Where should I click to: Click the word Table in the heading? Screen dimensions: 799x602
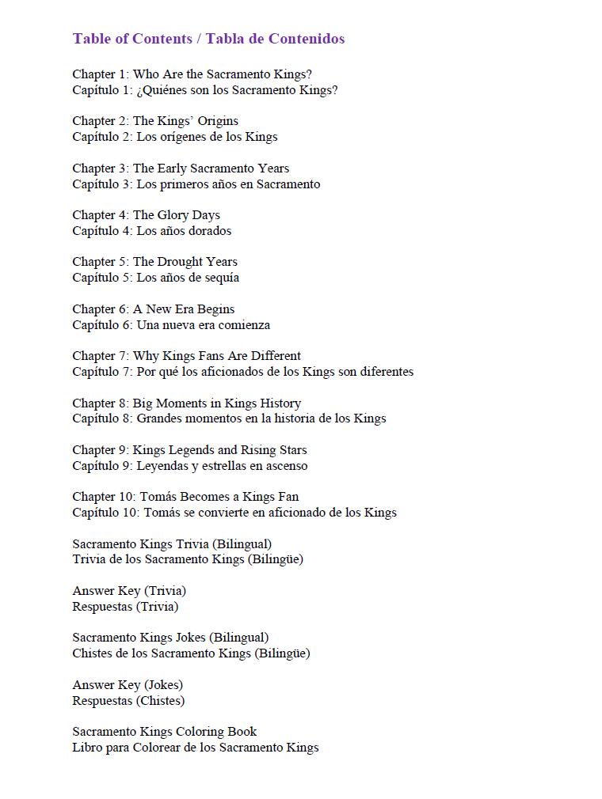click(x=91, y=39)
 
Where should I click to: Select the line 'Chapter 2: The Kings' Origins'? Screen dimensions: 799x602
click(x=155, y=121)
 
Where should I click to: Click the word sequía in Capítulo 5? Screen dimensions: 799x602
click(x=221, y=278)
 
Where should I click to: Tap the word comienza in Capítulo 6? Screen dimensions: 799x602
click(x=244, y=325)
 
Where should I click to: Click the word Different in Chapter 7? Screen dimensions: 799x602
click(x=276, y=356)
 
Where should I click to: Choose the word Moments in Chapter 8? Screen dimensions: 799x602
click(x=183, y=403)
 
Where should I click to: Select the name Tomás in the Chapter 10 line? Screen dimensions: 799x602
click(x=158, y=497)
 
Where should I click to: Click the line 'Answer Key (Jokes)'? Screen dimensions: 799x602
click(x=128, y=685)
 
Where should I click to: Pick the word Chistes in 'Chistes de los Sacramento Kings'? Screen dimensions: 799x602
click(x=92, y=653)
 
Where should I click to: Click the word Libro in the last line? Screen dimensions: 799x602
click(x=87, y=748)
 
